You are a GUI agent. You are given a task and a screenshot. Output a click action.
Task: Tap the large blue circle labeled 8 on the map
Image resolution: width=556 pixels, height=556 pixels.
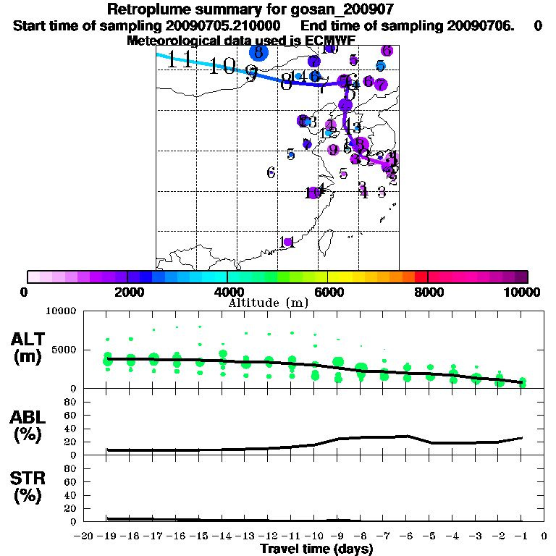(258, 52)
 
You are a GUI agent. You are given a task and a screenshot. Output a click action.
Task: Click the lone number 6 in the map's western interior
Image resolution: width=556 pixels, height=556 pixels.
(271, 172)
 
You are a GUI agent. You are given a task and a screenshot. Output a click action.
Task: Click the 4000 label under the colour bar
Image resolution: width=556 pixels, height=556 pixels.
(227, 292)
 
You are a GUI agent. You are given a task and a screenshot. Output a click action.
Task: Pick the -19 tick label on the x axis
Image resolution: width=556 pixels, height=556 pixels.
(108, 536)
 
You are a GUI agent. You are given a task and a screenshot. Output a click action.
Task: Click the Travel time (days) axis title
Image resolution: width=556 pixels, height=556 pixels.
(316, 549)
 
